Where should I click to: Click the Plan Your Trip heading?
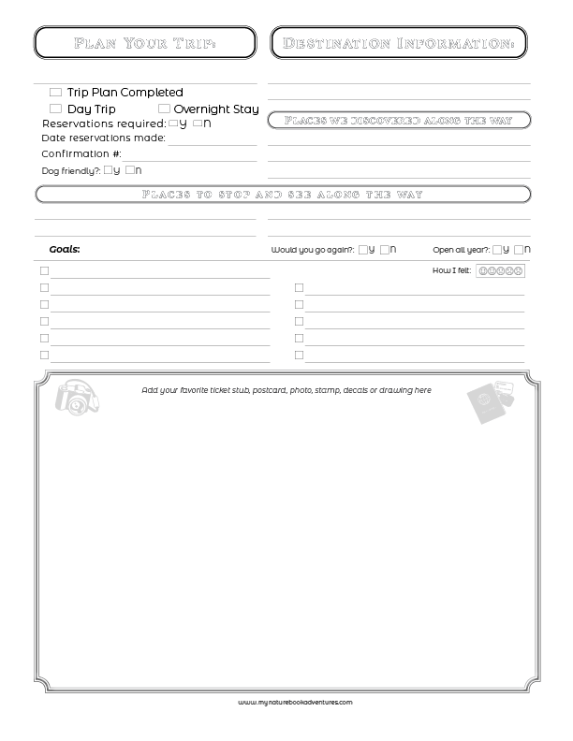coord(144,43)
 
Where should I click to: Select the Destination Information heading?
coord(398,43)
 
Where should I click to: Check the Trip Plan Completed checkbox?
coord(55,93)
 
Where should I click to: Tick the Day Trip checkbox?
coord(55,109)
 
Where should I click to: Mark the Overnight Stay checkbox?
coord(164,109)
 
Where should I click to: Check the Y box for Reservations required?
coord(173,123)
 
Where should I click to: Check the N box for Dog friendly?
coord(129,169)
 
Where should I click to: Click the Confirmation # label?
coord(81,153)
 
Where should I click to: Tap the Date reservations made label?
coord(103,138)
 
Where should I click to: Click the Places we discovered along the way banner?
coord(399,120)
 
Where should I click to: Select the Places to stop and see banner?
coord(282,195)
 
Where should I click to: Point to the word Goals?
coord(65,250)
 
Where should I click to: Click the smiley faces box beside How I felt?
coord(500,271)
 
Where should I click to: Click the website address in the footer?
coord(295,701)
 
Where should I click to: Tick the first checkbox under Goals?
coord(44,271)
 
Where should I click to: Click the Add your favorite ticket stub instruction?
coord(286,390)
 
